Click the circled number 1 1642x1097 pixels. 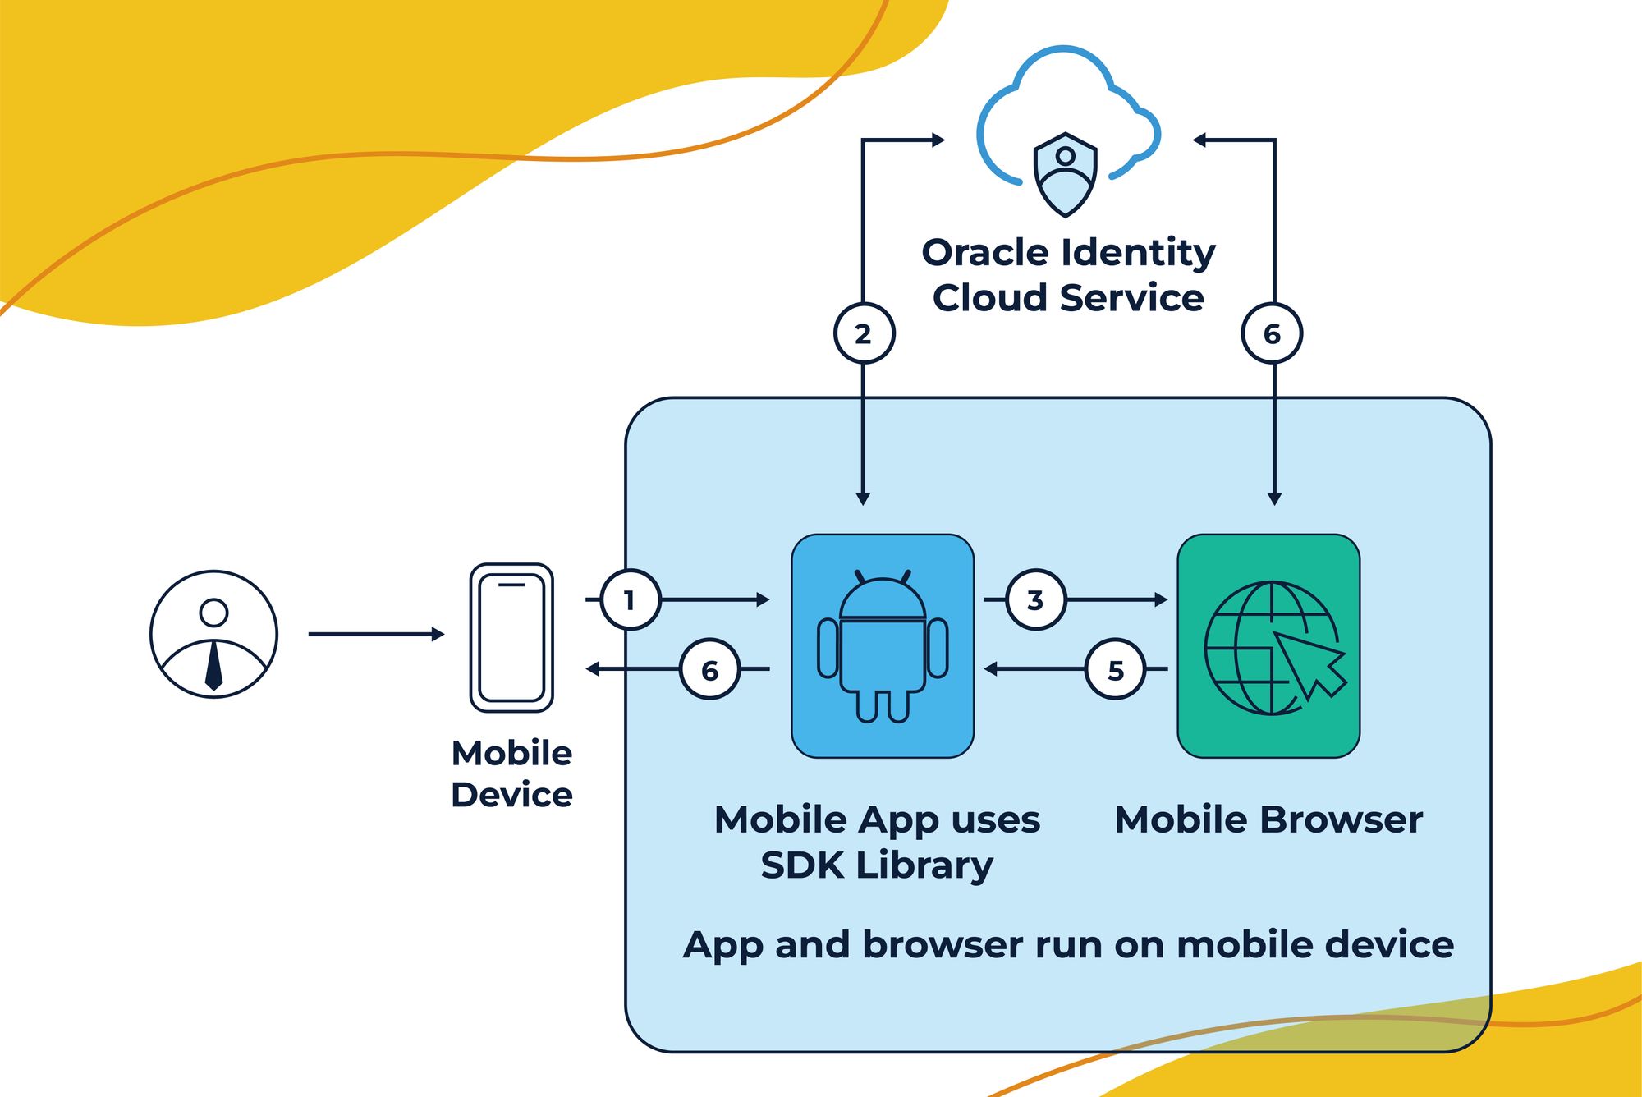click(x=630, y=600)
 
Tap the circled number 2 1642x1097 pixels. click(x=864, y=333)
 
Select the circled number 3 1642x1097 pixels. click(x=1036, y=600)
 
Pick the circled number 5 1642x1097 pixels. click(x=1115, y=670)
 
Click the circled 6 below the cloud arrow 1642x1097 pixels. click(x=1272, y=333)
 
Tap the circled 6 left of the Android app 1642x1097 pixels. click(x=710, y=670)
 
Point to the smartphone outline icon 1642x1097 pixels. click(x=511, y=637)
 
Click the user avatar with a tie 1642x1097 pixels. click(x=213, y=635)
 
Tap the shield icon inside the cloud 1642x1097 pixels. click(x=1065, y=174)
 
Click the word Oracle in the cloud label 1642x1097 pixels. click(x=979, y=253)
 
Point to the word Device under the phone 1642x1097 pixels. click(x=511, y=795)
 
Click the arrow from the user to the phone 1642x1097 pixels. click(x=376, y=634)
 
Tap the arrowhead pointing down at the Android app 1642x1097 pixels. click(x=863, y=498)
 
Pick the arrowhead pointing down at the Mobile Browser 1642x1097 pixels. click(x=1274, y=498)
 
